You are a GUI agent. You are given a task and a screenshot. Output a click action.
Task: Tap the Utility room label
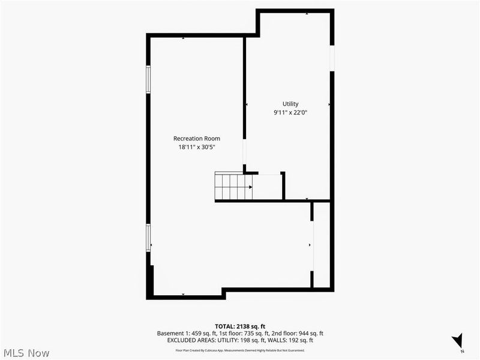coord(290,104)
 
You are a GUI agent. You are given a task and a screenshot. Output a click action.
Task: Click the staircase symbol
coord(234,186)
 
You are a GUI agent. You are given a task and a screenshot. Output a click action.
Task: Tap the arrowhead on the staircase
coord(250,187)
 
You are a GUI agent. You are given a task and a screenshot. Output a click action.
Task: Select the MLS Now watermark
coord(26,353)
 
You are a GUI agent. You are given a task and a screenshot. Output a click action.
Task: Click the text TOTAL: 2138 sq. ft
coord(239,326)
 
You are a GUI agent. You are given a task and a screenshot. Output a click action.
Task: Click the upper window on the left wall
coord(148,79)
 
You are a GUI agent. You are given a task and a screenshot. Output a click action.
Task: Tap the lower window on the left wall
coord(148,238)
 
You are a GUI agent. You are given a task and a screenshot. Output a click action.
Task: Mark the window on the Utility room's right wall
coord(332,59)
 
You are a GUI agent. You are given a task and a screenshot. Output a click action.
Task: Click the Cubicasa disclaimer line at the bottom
coord(239,350)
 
